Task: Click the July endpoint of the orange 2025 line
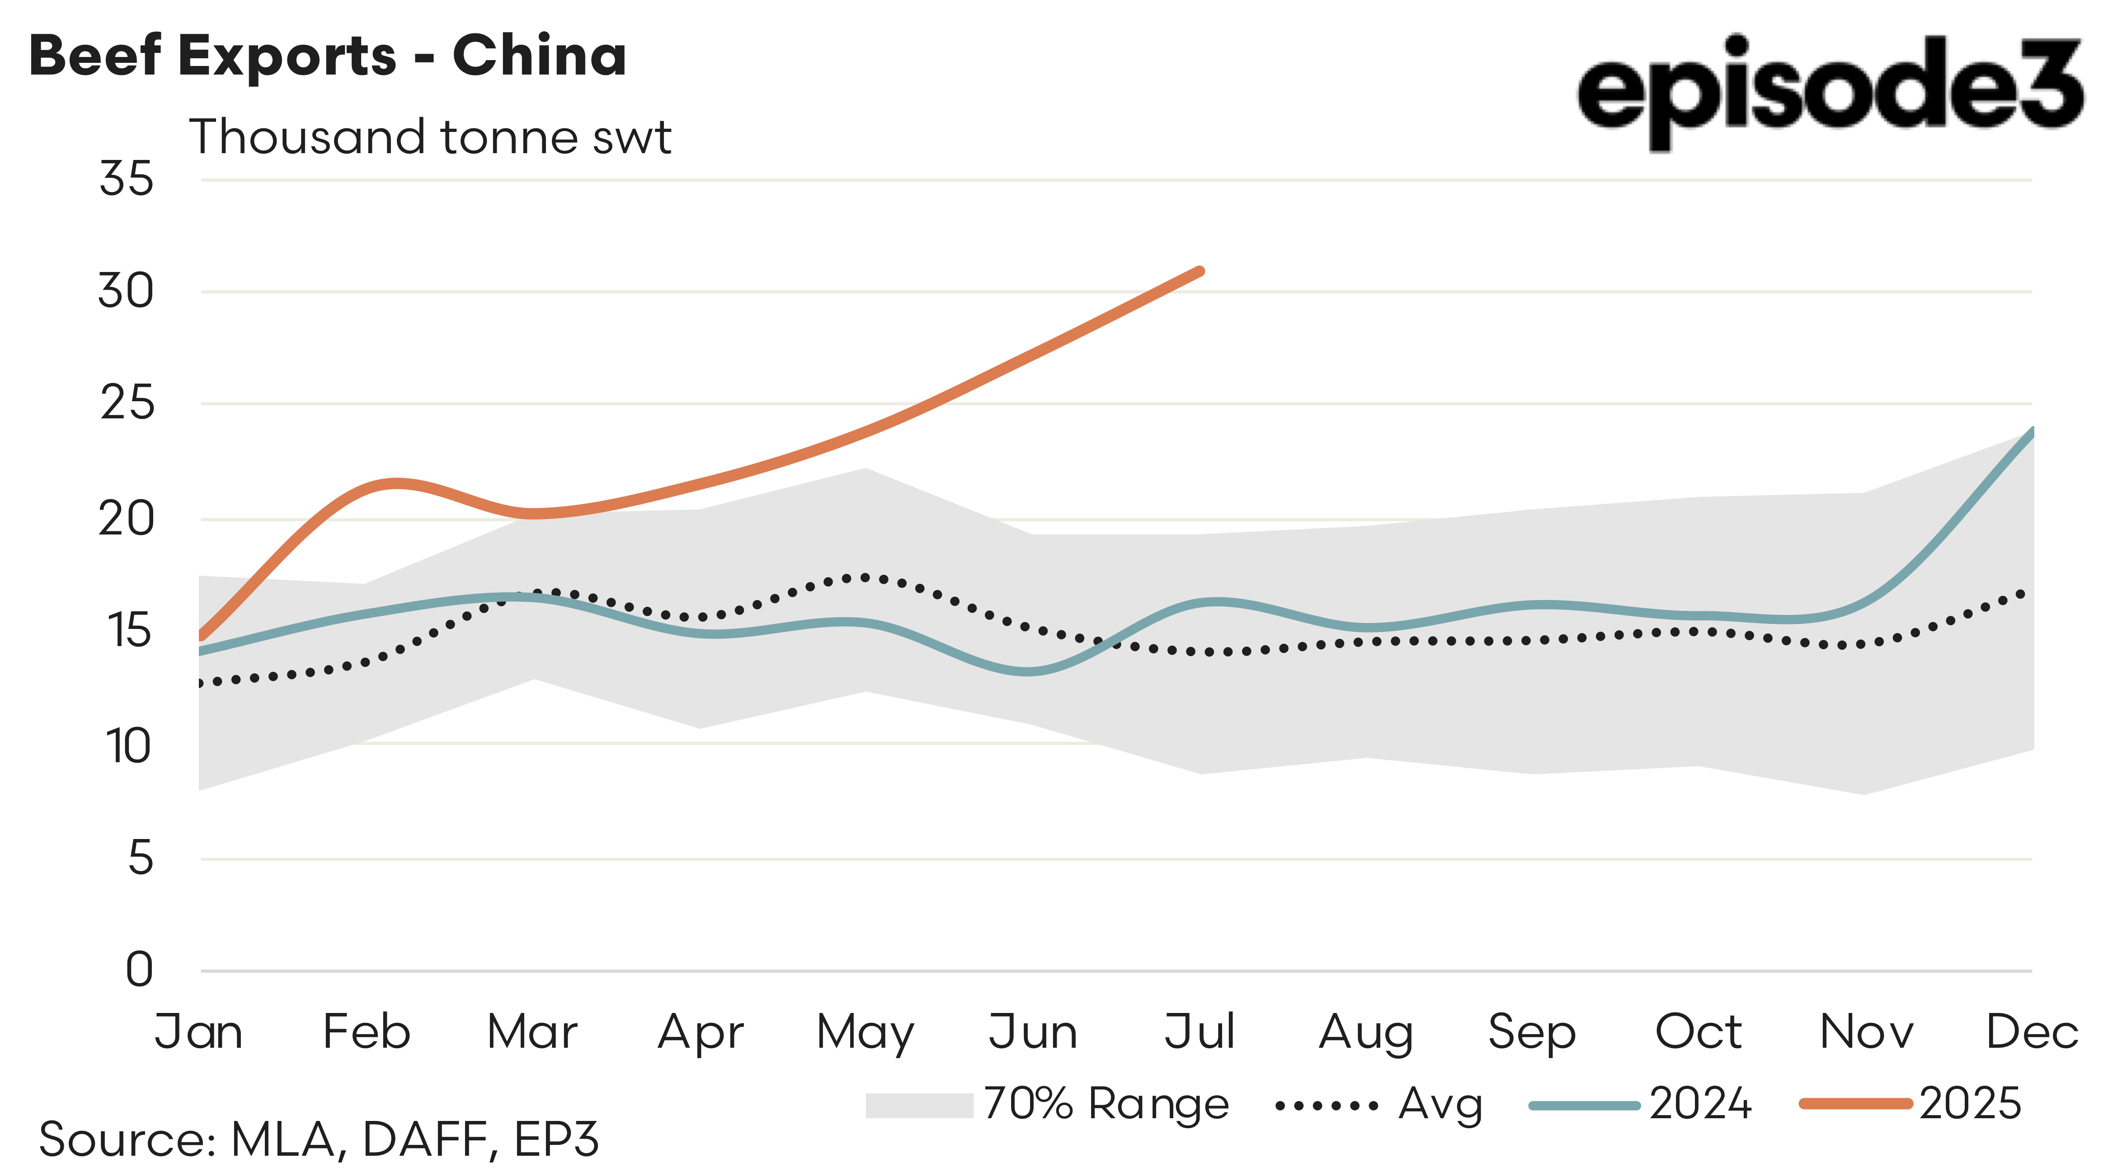[1199, 272]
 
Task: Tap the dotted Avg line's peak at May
[866, 577]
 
